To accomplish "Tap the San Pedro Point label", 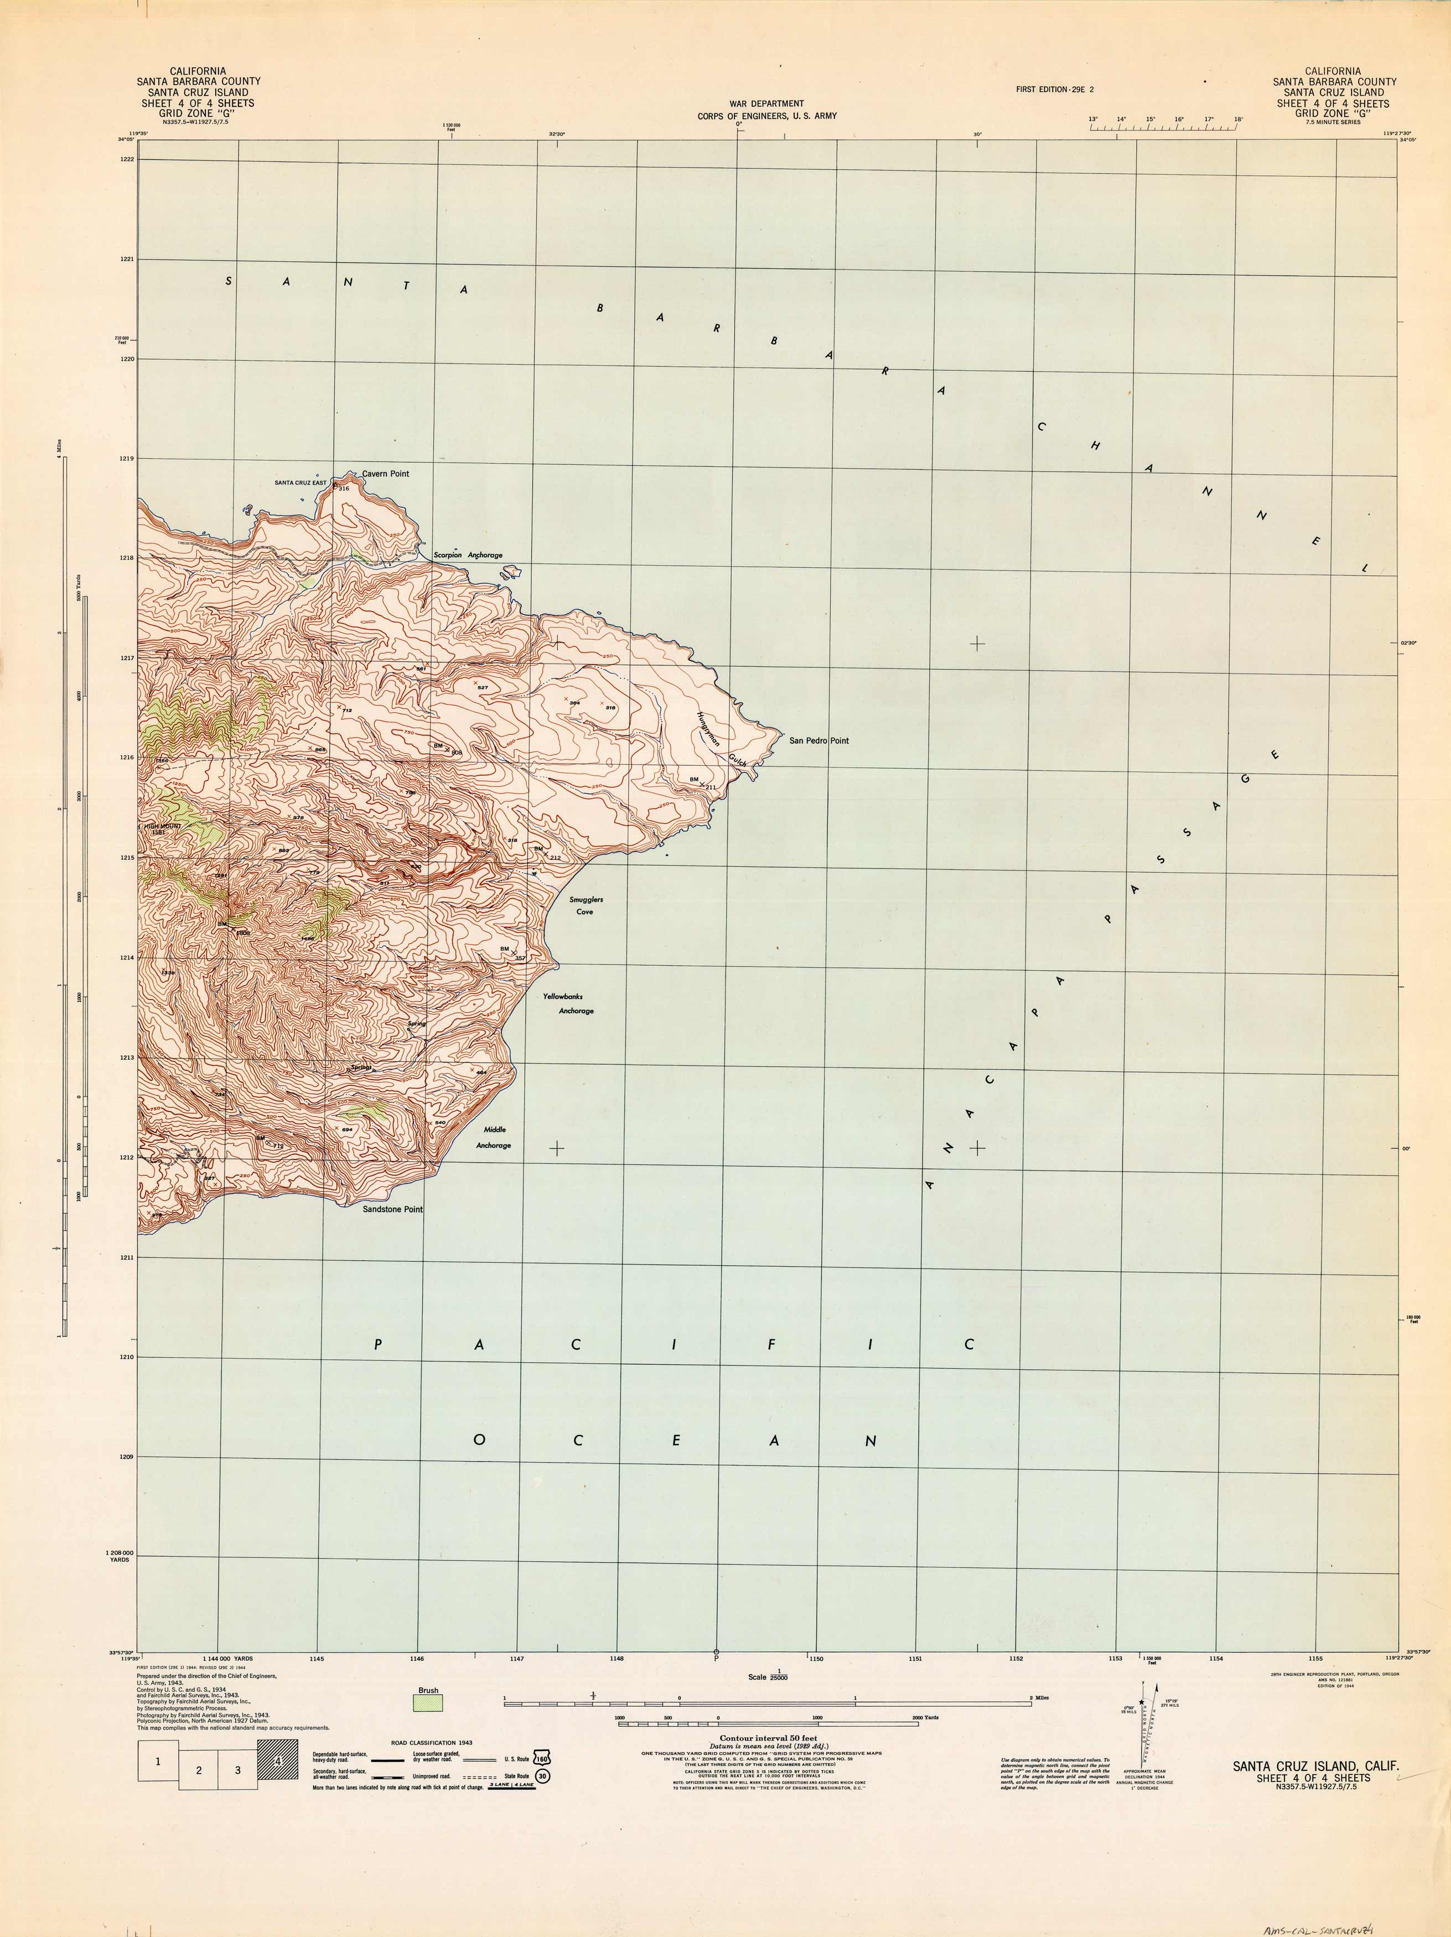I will coord(819,741).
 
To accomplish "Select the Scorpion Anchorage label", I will coord(468,555).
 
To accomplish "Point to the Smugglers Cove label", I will coord(586,905).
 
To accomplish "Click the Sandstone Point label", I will coord(392,1209).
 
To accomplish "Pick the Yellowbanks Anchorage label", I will coord(568,1003).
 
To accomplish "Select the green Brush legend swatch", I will coord(428,1701).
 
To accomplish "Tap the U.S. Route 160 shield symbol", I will coord(543,1758).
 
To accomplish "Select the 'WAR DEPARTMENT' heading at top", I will coord(766,103).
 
